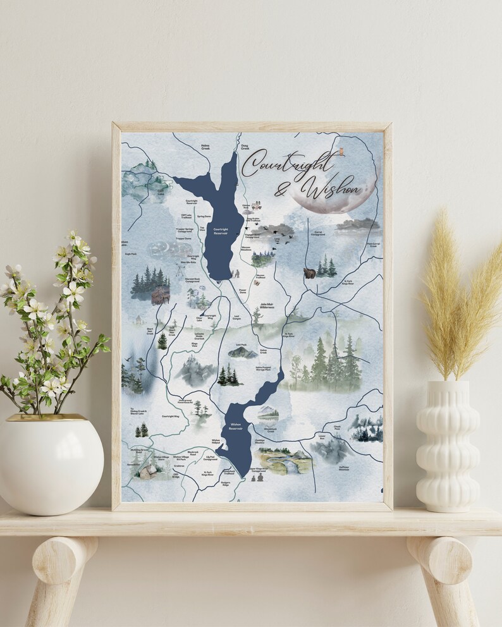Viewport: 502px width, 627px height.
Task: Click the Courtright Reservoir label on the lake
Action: (221, 231)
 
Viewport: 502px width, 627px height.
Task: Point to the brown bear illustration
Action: (310, 273)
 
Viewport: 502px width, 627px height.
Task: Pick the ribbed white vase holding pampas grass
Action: (448, 446)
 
